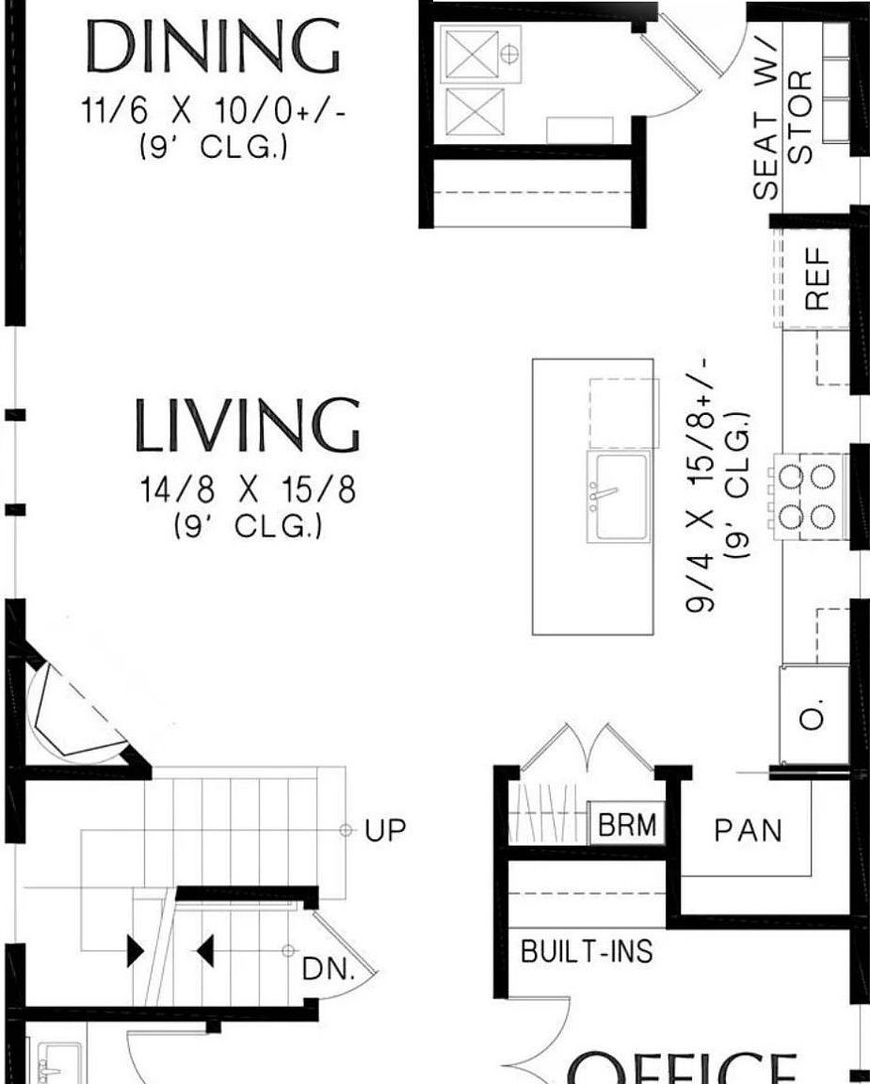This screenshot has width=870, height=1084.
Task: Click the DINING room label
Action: click(213, 47)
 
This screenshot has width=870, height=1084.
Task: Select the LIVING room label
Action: click(247, 425)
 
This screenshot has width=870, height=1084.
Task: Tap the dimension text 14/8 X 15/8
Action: click(248, 491)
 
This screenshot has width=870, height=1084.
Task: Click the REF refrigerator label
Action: click(816, 278)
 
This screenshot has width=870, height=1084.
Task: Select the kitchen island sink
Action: click(619, 496)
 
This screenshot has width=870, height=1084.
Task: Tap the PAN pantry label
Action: click(748, 831)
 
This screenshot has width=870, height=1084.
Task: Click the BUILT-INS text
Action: click(587, 951)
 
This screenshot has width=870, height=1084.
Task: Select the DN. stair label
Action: click(329, 970)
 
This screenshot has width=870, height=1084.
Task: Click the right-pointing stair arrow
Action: click(136, 952)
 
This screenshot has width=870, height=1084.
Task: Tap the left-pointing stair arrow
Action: click(205, 952)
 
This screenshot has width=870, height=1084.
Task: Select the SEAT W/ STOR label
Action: click(781, 132)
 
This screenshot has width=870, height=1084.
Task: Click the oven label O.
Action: click(815, 717)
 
